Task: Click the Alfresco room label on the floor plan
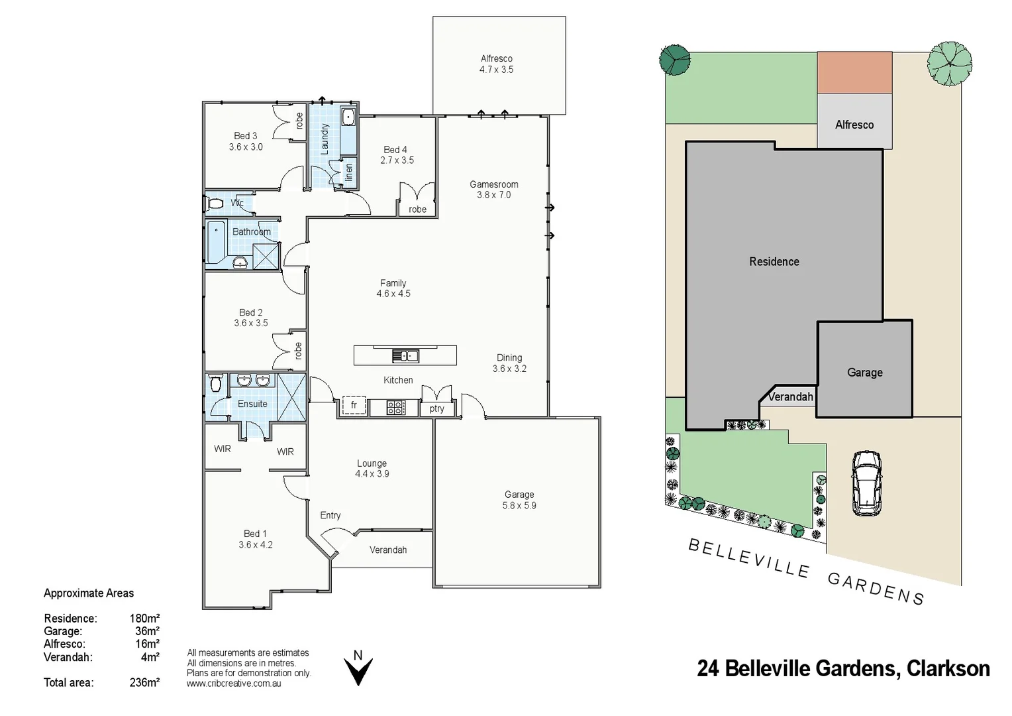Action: pos(496,58)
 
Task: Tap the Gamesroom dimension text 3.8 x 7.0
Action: pos(494,195)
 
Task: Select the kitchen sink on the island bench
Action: pos(405,356)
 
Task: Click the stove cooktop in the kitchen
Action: pos(395,407)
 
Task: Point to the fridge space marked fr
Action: pos(354,405)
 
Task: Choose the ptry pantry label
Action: pos(436,408)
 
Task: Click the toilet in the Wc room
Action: pos(215,204)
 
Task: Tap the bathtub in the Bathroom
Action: pos(216,243)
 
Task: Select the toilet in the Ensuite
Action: pos(215,383)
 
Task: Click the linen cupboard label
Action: pos(349,172)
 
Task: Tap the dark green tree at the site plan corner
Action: pos(675,60)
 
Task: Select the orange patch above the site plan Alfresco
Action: pos(854,72)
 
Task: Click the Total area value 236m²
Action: pos(144,682)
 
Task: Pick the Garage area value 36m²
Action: pos(147,631)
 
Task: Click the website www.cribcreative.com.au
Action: pos(234,684)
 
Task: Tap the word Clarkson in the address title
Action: pos(948,668)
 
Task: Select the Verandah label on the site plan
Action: pos(790,396)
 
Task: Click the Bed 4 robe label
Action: pos(417,209)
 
